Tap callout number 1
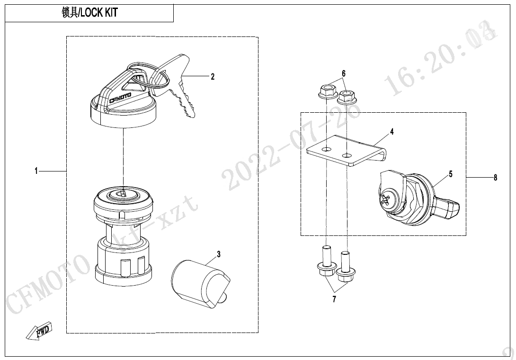[36, 171]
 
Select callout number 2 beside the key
[213, 76]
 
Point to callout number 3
[219, 254]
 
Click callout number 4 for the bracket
[391, 132]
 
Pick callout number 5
[451, 173]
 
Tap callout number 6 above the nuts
[344, 73]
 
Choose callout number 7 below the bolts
[334, 299]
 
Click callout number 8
[495, 178]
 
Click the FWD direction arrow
[39, 330]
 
